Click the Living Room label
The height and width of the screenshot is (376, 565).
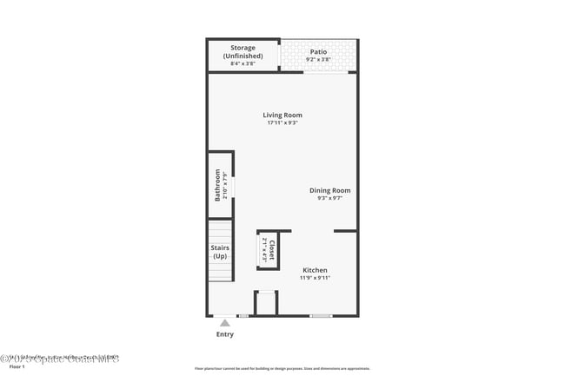pos(283,115)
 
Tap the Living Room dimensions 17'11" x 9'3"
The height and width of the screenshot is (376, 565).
pos(283,123)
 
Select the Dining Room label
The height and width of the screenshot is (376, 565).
pos(329,190)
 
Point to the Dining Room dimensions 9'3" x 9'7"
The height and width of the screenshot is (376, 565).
pos(329,198)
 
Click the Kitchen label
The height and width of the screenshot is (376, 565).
pos(315,270)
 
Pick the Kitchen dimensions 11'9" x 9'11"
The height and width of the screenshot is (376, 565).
pos(315,278)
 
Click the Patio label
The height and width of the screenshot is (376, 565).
pos(318,51)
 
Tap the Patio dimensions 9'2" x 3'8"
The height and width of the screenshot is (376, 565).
pos(318,59)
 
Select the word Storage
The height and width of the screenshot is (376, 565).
pos(243,48)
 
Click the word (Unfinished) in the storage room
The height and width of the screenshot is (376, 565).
pos(243,56)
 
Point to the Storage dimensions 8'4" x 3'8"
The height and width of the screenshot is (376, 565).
pos(243,63)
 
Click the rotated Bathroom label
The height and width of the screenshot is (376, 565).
pos(218,185)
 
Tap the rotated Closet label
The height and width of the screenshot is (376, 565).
pos(271,250)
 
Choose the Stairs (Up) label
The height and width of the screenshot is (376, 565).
pos(220,252)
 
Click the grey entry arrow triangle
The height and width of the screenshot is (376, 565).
pos(224,323)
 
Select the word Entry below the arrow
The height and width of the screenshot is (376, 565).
pos(224,334)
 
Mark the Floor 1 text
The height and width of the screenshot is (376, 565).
pos(17,367)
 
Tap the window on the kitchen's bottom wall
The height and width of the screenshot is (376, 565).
pos(321,315)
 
